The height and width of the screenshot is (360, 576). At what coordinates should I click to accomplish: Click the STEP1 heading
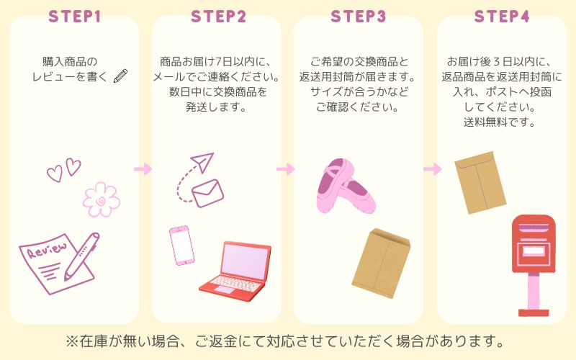[x=75, y=17]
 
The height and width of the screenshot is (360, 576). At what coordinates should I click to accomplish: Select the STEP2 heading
[x=218, y=17]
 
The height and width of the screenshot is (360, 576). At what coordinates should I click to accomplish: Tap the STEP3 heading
[x=358, y=17]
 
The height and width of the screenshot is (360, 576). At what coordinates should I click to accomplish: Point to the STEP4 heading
[x=502, y=17]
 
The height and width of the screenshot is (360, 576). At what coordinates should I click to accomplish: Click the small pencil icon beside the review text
[x=120, y=76]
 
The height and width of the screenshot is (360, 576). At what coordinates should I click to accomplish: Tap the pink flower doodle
[x=102, y=199]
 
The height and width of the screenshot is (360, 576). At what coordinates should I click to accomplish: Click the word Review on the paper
[x=48, y=250]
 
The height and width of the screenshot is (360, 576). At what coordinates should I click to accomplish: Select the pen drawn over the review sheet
[x=81, y=256]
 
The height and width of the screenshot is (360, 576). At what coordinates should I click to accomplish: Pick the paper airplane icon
[x=202, y=162]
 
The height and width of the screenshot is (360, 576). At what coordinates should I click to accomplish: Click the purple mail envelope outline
[x=207, y=194]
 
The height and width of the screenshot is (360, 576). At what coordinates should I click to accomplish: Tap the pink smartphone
[x=182, y=246]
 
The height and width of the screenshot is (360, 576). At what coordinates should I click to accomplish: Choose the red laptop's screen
[x=244, y=260]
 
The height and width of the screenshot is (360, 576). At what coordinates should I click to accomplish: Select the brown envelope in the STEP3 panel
[x=381, y=263]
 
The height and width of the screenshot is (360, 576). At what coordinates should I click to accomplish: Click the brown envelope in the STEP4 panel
[x=480, y=182]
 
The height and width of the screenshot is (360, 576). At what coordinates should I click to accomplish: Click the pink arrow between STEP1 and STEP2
[x=143, y=169]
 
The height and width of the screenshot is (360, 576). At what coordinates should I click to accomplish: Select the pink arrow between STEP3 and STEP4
[x=433, y=169]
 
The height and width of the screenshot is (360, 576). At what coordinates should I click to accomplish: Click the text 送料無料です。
[x=500, y=122]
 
